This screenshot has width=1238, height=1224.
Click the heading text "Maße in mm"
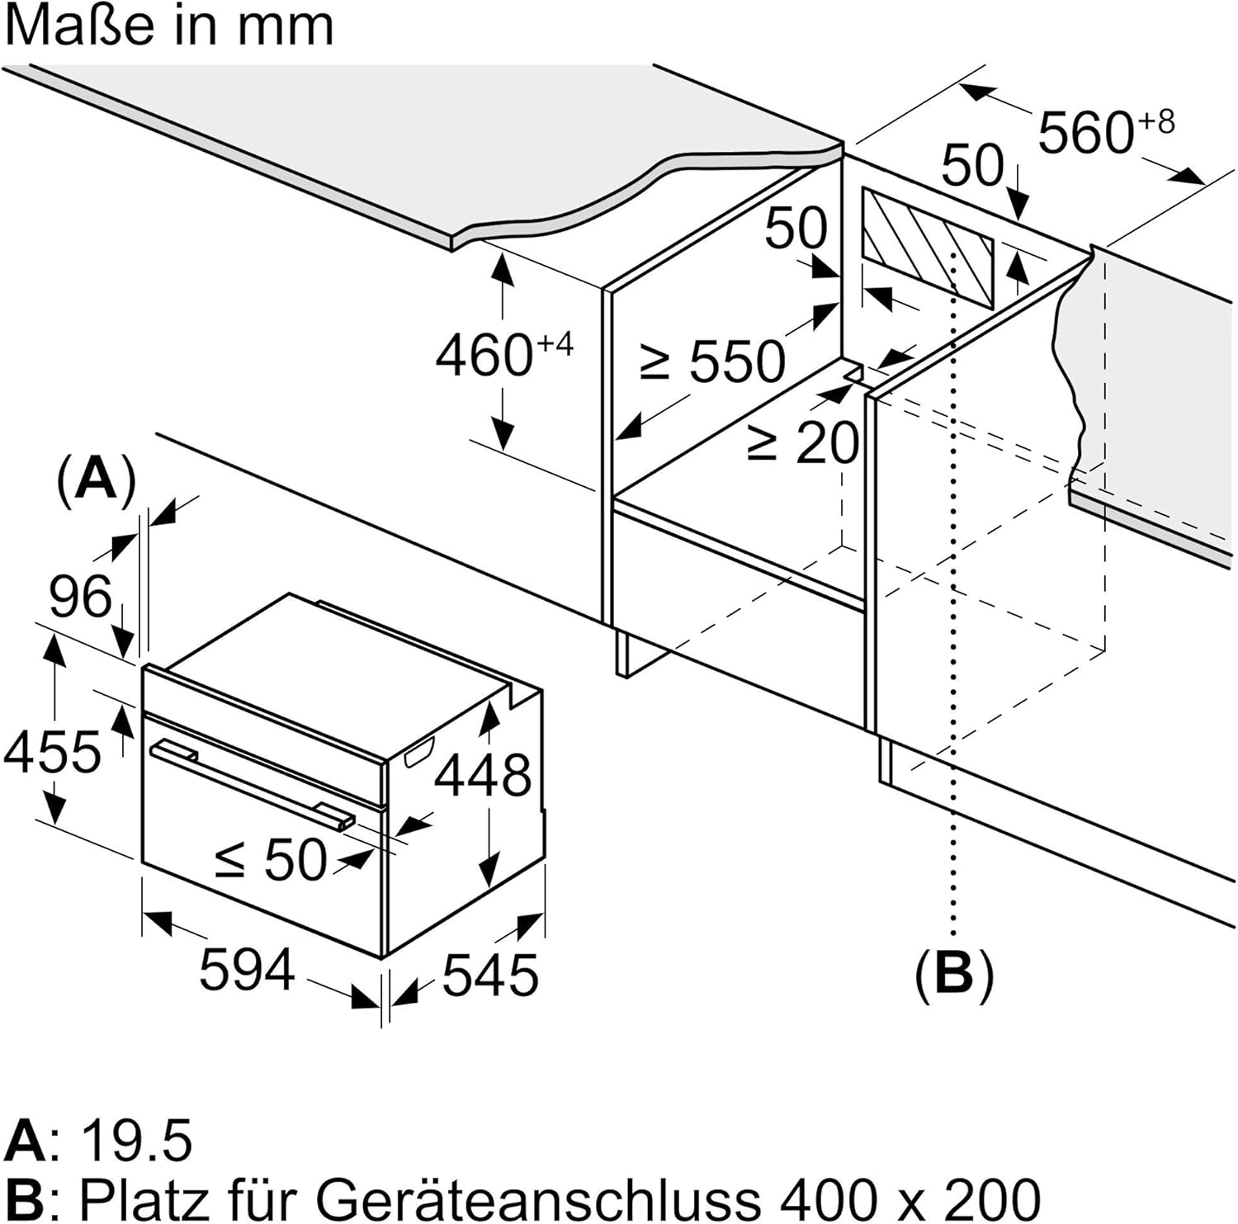tap(169, 26)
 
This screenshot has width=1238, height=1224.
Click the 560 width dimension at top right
tap(1104, 131)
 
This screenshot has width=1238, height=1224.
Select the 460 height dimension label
tap(503, 355)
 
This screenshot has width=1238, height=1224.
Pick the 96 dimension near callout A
tap(80, 596)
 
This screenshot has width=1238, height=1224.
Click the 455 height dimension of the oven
tap(52, 752)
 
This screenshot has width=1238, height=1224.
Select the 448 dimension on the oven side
tap(483, 775)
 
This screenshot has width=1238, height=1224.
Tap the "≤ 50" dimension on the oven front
tap(272, 860)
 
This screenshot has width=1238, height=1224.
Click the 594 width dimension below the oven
tap(247, 969)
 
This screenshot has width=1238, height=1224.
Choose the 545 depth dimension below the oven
tap(490, 975)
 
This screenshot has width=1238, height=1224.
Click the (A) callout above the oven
tap(96, 478)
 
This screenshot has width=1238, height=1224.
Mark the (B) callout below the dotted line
tap(954, 974)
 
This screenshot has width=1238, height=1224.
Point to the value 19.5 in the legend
tap(137, 1140)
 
